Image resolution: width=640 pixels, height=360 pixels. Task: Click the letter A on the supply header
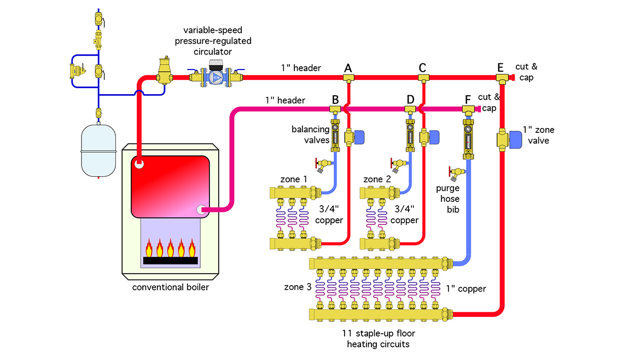[x=348, y=68]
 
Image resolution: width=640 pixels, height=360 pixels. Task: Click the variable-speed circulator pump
[x=216, y=76]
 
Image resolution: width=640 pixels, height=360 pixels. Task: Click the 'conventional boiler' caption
[x=170, y=287]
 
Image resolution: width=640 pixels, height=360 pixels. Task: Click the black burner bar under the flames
[x=170, y=261]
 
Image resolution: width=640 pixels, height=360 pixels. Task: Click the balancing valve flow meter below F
[x=468, y=137]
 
